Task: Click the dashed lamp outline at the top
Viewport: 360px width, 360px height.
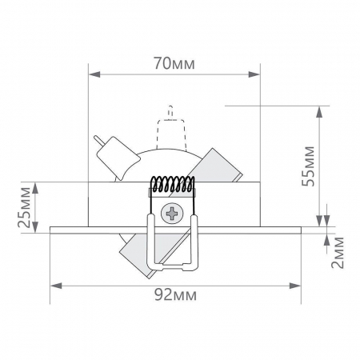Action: tap(170, 129)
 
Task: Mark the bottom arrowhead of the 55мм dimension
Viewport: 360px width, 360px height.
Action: tap(323, 222)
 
